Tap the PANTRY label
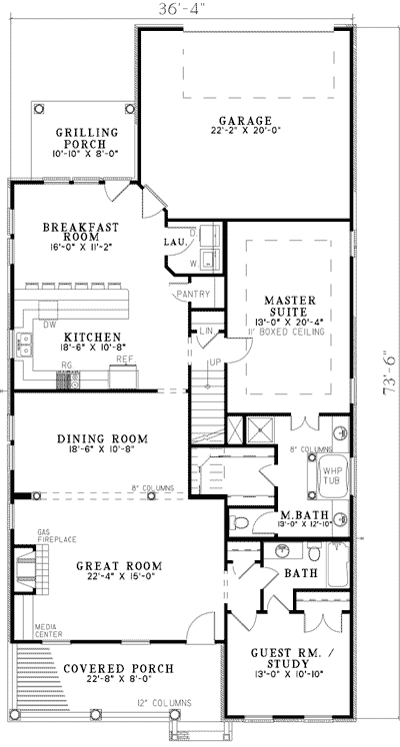(x=191, y=295)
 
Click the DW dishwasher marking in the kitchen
(x=48, y=324)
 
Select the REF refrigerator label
(x=124, y=358)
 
